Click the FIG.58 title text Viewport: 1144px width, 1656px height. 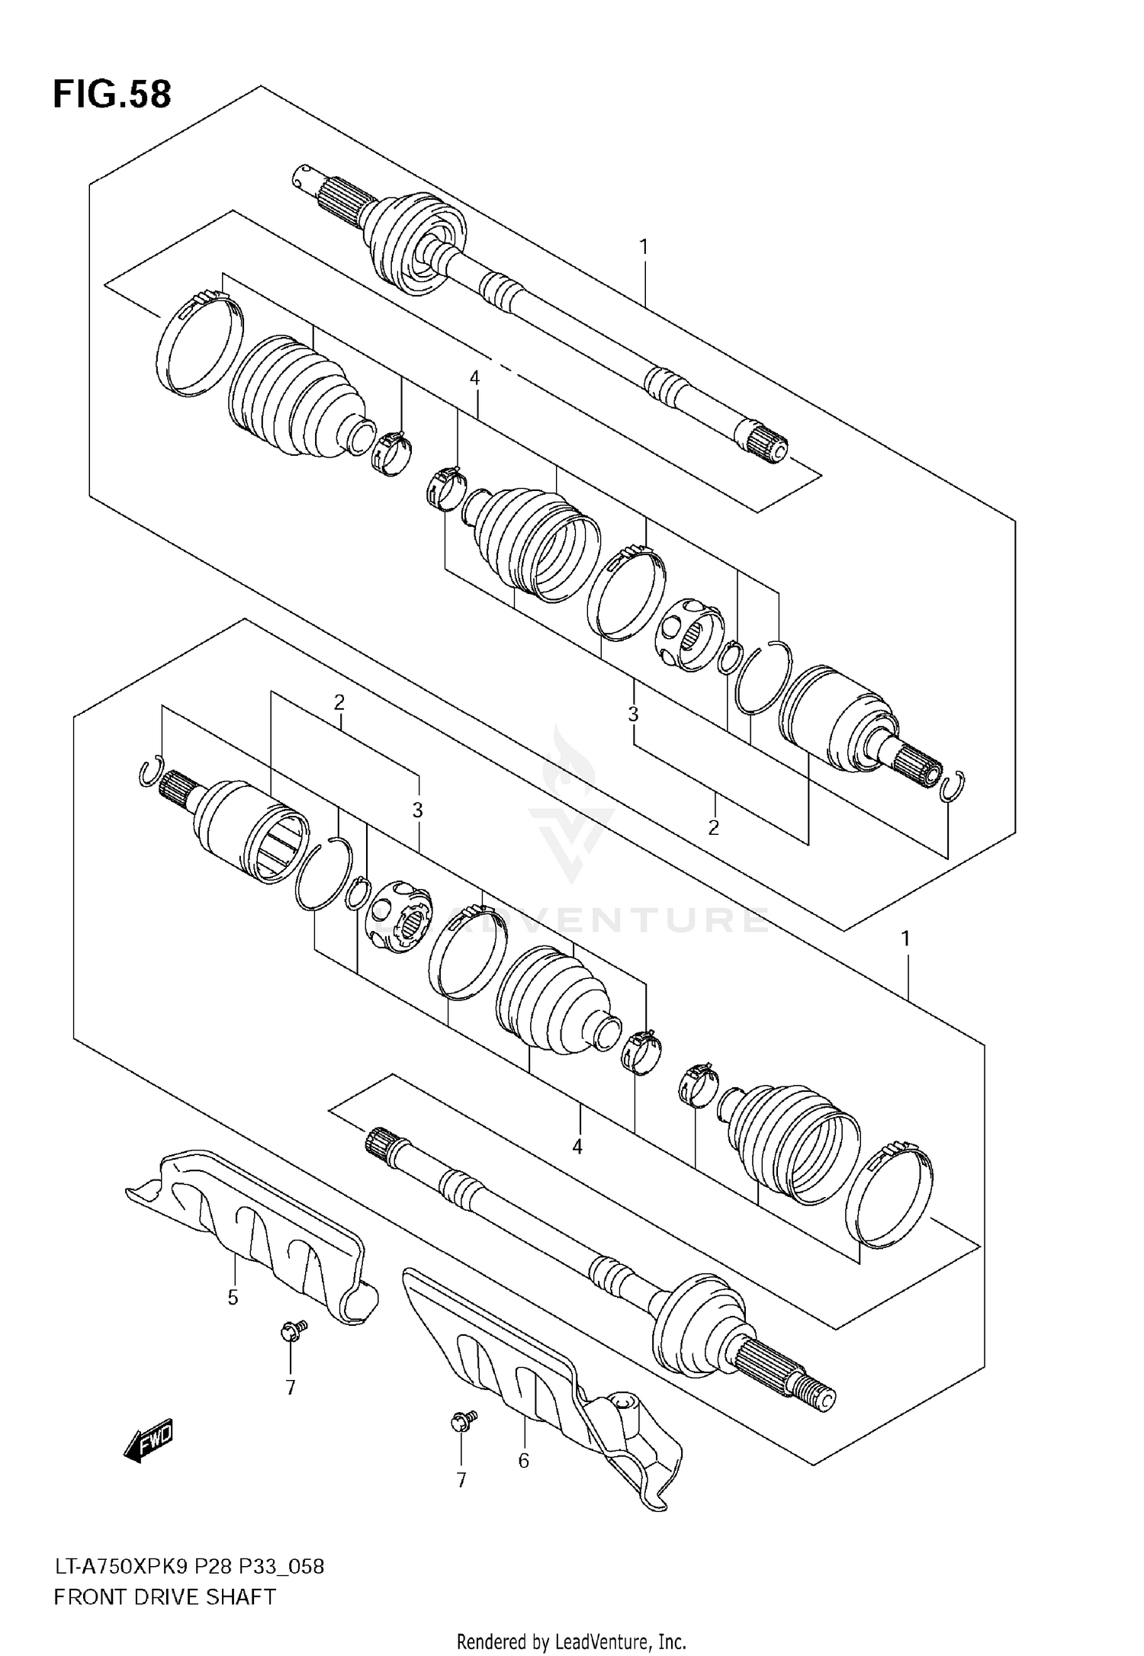pyautogui.click(x=112, y=95)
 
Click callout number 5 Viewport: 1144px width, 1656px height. pyautogui.click(x=233, y=1297)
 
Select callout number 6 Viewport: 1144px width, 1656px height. pyautogui.click(x=523, y=1461)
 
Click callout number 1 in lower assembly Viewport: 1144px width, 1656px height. pyautogui.click(x=906, y=939)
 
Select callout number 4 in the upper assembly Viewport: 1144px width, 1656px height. pyautogui.click(x=474, y=377)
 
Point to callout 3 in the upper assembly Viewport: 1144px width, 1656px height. pyautogui.click(x=633, y=714)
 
